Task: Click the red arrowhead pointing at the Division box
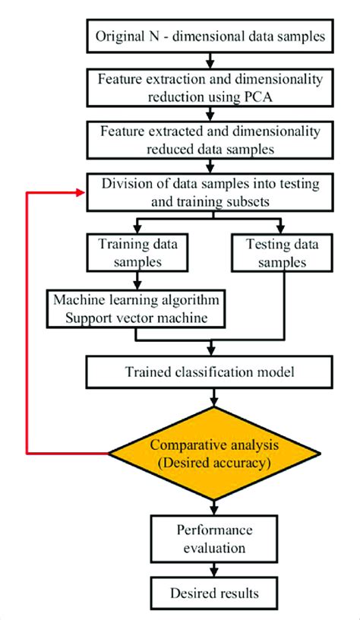click(x=82, y=192)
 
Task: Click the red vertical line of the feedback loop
click(x=28, y=327)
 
